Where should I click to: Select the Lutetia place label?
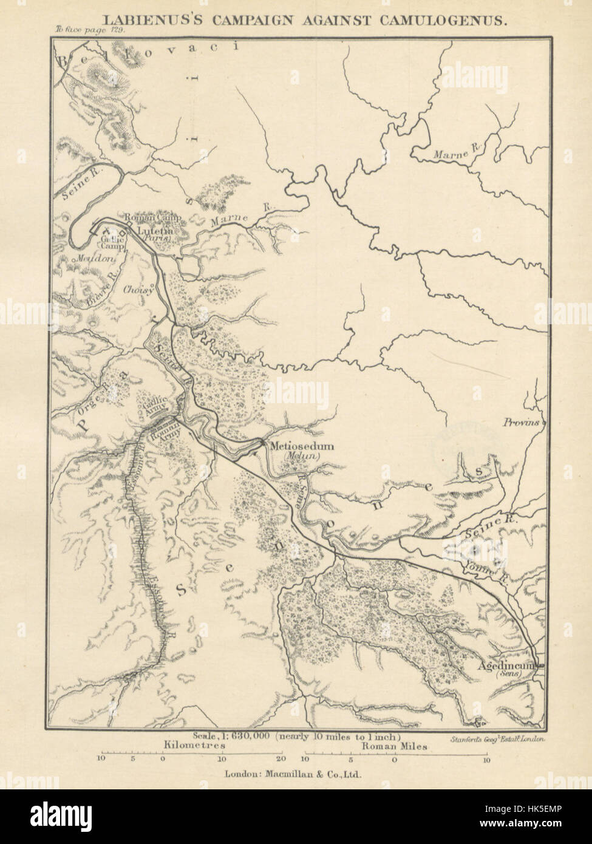pos(155,231)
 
